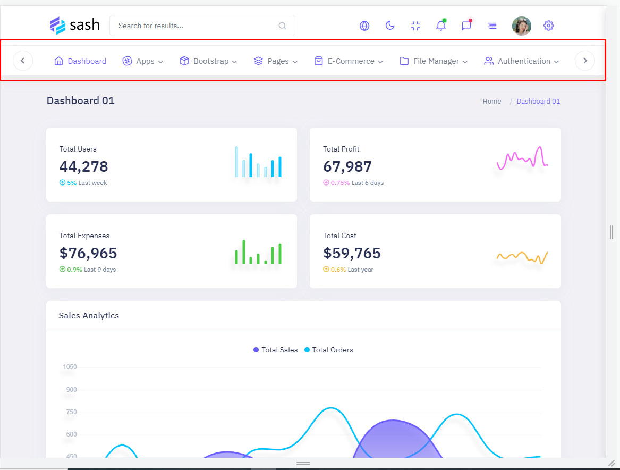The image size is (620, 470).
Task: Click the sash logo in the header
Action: pos(74,25)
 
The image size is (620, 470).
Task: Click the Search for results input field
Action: pos(197,26)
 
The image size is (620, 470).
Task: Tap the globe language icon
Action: pos(364,26)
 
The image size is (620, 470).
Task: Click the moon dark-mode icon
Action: pos(390,26)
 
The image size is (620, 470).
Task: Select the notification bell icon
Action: pos(441,26)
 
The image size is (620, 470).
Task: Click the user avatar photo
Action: pos(521,26)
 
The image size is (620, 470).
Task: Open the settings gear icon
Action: pos(549,26)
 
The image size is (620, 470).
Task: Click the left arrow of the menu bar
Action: pos(23,61)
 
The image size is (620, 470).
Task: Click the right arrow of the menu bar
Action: pos(585,61)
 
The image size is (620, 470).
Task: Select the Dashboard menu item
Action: pos(81,61)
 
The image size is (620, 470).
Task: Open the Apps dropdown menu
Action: pos(143,61)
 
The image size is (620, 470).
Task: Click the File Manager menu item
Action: pos(434,61)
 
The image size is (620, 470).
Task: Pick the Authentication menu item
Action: pos(522,61)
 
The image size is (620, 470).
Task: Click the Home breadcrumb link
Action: pos(491,102)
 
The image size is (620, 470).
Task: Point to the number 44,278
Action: pos(84,166)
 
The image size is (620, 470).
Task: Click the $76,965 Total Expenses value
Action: pos(88,253)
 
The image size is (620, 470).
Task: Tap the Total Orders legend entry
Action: pos(329,350)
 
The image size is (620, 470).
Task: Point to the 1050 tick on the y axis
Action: pos(70,367)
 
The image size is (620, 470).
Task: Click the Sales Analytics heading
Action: pos(89,316)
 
